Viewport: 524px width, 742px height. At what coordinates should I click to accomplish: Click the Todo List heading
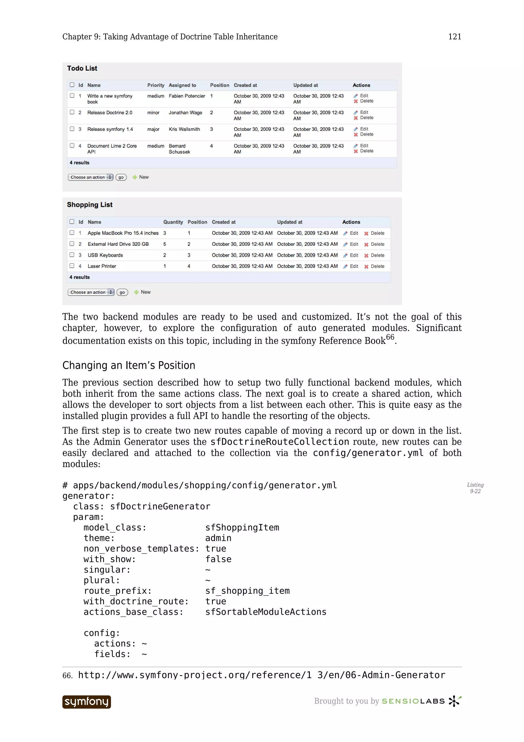pyautogui.click(x=82, y=68)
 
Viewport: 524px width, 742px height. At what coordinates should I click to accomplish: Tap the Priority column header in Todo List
pyautogui.click(x=156, y=85)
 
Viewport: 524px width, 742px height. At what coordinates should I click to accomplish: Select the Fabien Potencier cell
pyautogui.click(x=187, y=96)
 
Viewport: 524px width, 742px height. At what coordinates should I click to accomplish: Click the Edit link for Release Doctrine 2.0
pyautogui.click(x=364, y=112)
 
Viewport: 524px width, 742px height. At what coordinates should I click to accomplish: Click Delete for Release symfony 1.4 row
pyautogui.click(x=366, y=134)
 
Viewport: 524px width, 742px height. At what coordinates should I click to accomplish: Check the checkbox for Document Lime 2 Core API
pyautogui.click(x=72, y=145)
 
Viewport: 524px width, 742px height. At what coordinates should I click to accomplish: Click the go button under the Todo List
pyautogui.click(x=121, y=177)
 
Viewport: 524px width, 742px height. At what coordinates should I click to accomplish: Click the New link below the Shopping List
pyautogui.click(x=145, y=292)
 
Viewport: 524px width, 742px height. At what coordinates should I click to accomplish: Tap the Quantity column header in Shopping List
pyautogui.click(x=173, y=222)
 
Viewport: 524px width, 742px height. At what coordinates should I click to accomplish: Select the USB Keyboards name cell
pyautogui.click(x=105, y=255)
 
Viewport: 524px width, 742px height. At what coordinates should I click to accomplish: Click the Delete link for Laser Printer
pyautogui.click(x=377, y=266)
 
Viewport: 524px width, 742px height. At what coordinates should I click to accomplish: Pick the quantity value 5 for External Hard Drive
pyautogui.click(x=165, y=244)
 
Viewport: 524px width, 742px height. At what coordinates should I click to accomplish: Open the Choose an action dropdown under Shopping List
pyautogui.click(x=91, y=292)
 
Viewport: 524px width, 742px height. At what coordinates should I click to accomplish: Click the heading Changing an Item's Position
pyautogui.click(x=128, y=365)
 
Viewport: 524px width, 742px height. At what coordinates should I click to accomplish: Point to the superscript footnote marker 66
pyautogui.click(x=390, y=337)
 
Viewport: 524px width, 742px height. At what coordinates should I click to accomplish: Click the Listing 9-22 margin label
pyautogui.click(x=475, y=488)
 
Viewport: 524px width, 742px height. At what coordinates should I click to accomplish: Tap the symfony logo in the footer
pyautogui.click(x=86, y=702)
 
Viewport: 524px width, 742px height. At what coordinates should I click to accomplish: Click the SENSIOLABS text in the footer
pyautogui.click(x=413, y=701)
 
